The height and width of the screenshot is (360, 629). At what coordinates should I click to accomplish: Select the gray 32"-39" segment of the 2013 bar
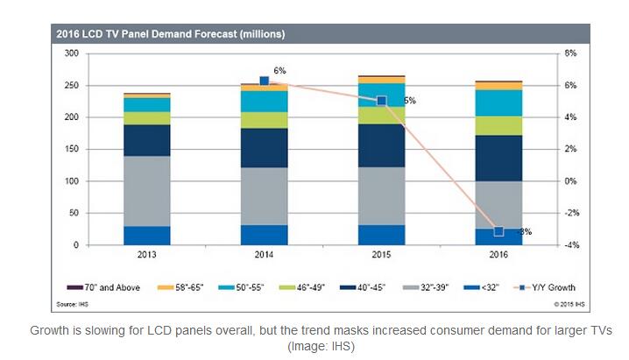(147, 191)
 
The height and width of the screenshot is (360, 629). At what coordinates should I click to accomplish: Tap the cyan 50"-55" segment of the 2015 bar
(381, 95)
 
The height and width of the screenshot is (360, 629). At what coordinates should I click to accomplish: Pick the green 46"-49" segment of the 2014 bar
(264, 120)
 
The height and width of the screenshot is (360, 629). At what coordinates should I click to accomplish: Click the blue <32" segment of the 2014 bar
(264, 235)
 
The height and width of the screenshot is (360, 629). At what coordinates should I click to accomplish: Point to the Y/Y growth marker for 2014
(265, 81)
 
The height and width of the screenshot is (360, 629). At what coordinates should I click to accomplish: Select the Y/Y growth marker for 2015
(381, 101)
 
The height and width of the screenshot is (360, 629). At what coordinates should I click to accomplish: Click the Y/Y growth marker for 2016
(498, 231)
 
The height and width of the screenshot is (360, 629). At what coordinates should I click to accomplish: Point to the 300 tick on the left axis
(73, 53)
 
